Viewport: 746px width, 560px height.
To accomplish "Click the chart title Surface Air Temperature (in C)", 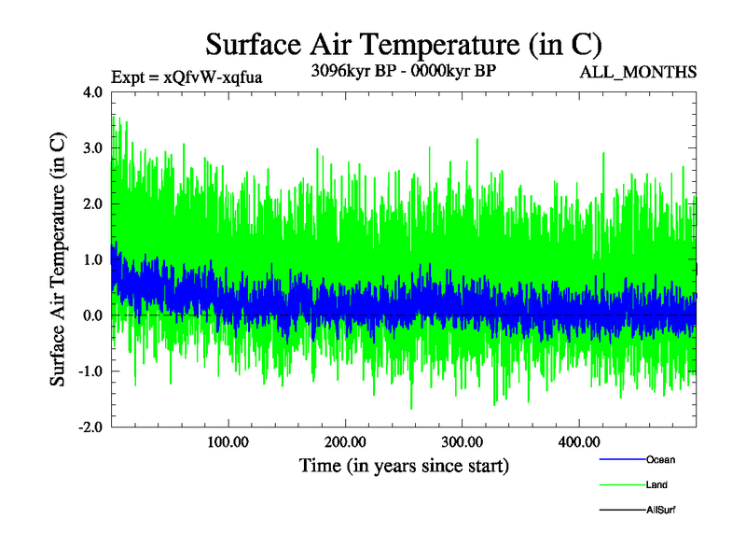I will [x=404, y=44].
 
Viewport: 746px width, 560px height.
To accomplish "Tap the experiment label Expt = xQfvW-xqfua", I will [x=186, y=77].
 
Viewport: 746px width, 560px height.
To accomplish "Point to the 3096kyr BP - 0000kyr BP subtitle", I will [x=403, y=70].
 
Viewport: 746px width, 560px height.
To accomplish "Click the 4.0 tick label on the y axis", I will [x=93, y=92].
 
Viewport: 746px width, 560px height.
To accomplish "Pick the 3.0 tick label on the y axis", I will [x=93, y=148].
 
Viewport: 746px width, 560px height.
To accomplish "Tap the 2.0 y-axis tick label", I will [x=93, y=203].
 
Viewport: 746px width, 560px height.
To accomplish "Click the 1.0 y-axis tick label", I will [x=93, y=259].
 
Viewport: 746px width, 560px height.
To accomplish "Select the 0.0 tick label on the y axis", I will [x=93, y=315].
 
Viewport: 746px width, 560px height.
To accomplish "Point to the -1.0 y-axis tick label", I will [x=90, y=371].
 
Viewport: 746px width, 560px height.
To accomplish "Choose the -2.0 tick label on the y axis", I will [x=90, y=427].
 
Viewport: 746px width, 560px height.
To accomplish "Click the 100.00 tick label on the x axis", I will [x=228, y=441].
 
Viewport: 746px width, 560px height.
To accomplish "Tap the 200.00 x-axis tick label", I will [x=345, y=441].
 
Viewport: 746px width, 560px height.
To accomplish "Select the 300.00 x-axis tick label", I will [x=462, y=441].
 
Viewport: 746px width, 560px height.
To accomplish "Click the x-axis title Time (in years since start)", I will [x=404, y=465].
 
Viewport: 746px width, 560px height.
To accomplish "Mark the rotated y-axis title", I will [x=58, y=260].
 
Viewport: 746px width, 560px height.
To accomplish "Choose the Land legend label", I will [x=656, y=485].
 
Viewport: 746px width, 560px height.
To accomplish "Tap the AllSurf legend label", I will [x=660, y=511].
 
